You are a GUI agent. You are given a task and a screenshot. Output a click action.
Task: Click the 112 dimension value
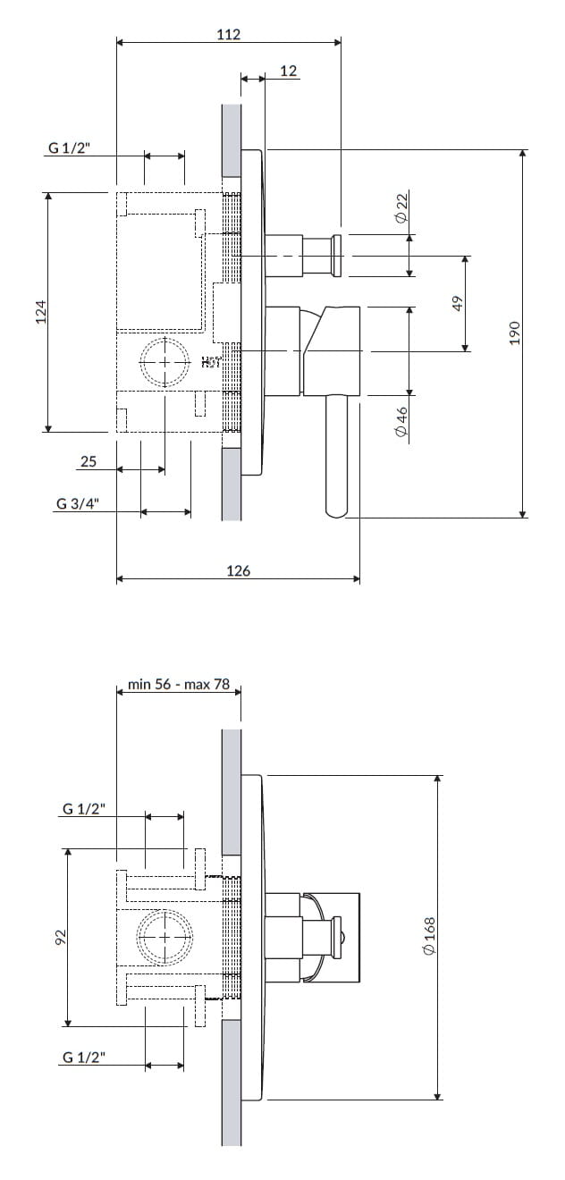(x=229, y=35)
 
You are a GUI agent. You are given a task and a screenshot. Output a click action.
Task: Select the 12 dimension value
(x=288, y=71)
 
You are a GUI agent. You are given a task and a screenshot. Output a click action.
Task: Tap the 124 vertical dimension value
(x=40, y=311)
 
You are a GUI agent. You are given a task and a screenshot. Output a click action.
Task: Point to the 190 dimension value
(x=514, y=333)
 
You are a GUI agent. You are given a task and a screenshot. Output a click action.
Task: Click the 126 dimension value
(x=238, y=570)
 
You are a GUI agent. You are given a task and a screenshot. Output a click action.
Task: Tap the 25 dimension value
(x=89, y=461)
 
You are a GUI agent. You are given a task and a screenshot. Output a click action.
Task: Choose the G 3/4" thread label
(x=77, y=503)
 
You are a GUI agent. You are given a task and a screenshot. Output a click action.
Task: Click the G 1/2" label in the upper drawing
(x=69, y=148)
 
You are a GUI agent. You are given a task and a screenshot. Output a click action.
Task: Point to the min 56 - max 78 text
(x=179, y=685)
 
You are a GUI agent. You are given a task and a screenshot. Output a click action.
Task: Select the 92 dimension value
(x=60, y=937)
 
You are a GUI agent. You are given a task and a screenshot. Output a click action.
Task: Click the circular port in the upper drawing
(x=165, y=362)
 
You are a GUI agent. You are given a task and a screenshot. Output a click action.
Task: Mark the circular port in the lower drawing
(x=164, y=937)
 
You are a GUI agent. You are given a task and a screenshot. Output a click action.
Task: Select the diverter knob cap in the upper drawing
(x=338, y=255)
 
